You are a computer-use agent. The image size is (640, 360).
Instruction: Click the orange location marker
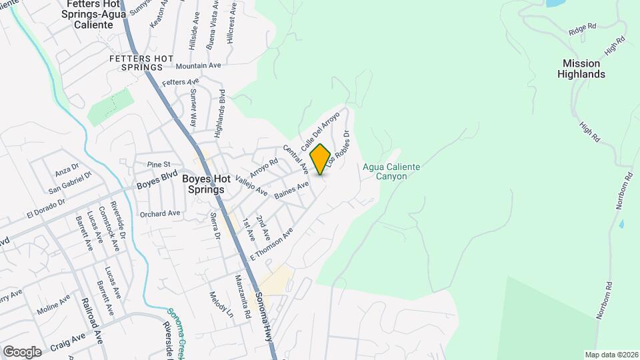coord(321,159)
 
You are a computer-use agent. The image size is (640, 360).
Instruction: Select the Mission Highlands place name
coord(581,69)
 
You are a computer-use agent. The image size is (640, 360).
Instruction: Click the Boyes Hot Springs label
coord(203,184)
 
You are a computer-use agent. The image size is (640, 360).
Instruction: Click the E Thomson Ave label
coord(272,245)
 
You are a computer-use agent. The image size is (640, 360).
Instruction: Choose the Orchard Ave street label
coord(160,214)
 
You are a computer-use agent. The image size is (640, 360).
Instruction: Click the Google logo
coord(22,351)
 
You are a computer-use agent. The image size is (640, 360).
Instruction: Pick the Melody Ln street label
coord(222,305)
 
